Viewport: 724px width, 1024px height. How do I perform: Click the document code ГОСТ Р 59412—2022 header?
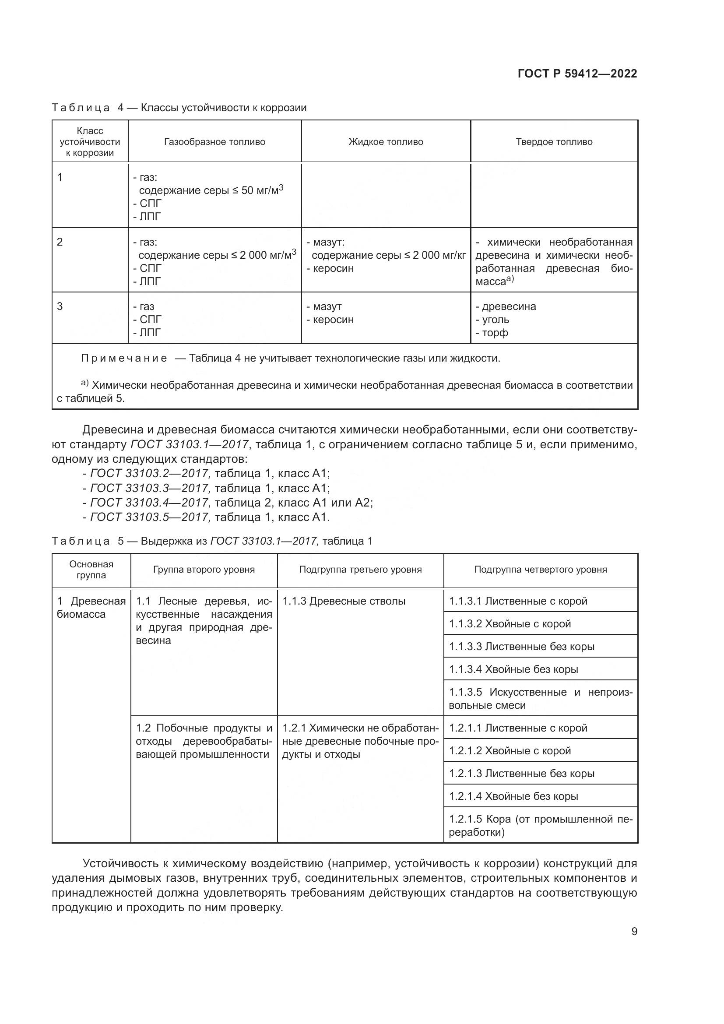(577, 74)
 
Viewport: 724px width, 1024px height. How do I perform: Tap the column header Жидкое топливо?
(386, 142)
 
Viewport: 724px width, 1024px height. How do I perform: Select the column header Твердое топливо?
(554, 142)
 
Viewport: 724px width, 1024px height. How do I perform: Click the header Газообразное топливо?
(214, 142)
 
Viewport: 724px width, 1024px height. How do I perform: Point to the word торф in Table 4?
(495, 333)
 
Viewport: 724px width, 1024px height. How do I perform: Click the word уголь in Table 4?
(496, 320)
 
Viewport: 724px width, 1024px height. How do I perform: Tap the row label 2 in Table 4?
(60, 242)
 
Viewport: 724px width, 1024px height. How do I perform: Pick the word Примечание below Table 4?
(124, 358)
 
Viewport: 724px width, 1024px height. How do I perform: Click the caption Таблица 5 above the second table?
(81, 541)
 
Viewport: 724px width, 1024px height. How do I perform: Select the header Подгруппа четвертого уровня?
(540, 570)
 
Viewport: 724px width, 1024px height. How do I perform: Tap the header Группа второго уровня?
(204, 570)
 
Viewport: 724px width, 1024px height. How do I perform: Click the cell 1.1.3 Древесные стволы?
(344, 601)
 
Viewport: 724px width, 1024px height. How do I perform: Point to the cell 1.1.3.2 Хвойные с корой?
(510, 623)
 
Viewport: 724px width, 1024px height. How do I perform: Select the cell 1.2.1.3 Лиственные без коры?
(521, 773)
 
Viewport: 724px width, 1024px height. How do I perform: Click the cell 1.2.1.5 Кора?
(540, 826)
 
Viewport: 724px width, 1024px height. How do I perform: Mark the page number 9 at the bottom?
(634, 932)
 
